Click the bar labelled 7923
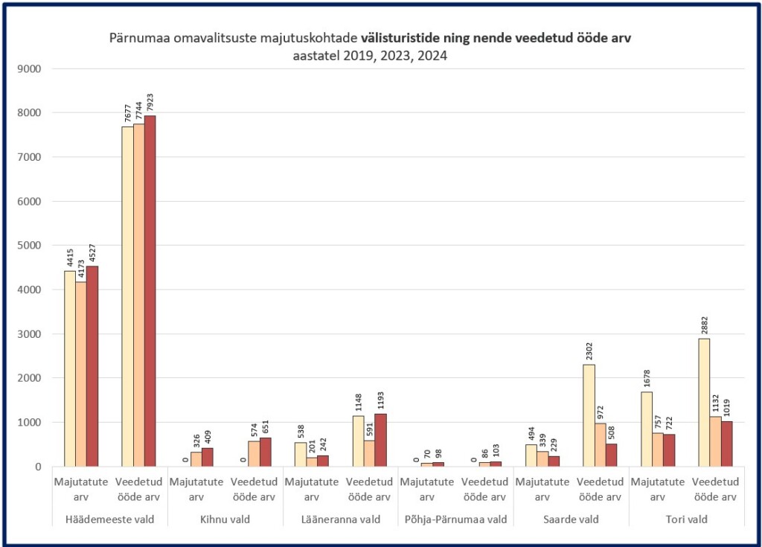[150, 291]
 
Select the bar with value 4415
[69, 368]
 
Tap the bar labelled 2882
[704, 403]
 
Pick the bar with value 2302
[589, 415]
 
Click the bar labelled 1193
[381, 440]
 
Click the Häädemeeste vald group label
[109, 519]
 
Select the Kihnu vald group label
[225, 519]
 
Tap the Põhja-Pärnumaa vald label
[455, 519]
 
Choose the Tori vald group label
[686, 519]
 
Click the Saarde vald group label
[571, 519]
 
